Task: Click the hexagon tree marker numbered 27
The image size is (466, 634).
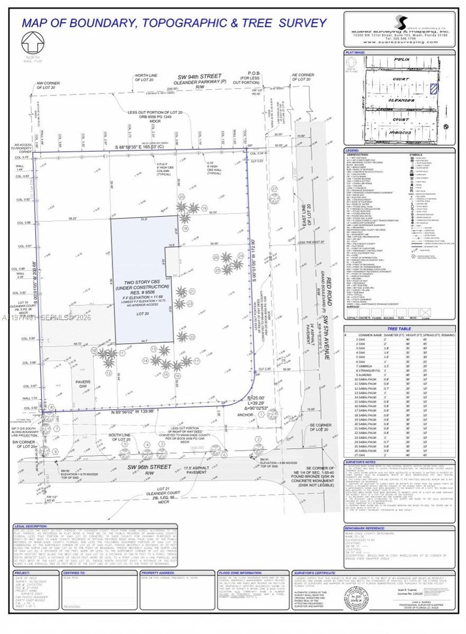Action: pyautogui.click(x=274, y=198)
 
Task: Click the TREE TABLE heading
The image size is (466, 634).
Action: pyautogui.click(x=399, y=328)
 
